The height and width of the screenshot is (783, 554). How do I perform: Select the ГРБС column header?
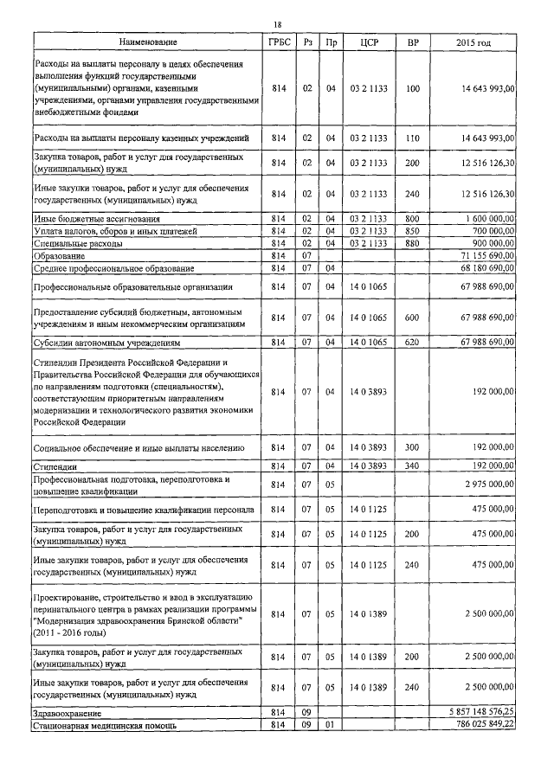[277, 42]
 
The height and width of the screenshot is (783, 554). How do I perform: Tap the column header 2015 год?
[473, 42]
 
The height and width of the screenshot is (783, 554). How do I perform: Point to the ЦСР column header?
[364, 42]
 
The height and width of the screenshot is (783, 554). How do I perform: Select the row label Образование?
[60, 256]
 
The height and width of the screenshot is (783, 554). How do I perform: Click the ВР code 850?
[412, 231]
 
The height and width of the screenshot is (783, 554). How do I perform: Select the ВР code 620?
[412, 343]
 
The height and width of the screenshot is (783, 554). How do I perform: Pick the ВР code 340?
[412, 466]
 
